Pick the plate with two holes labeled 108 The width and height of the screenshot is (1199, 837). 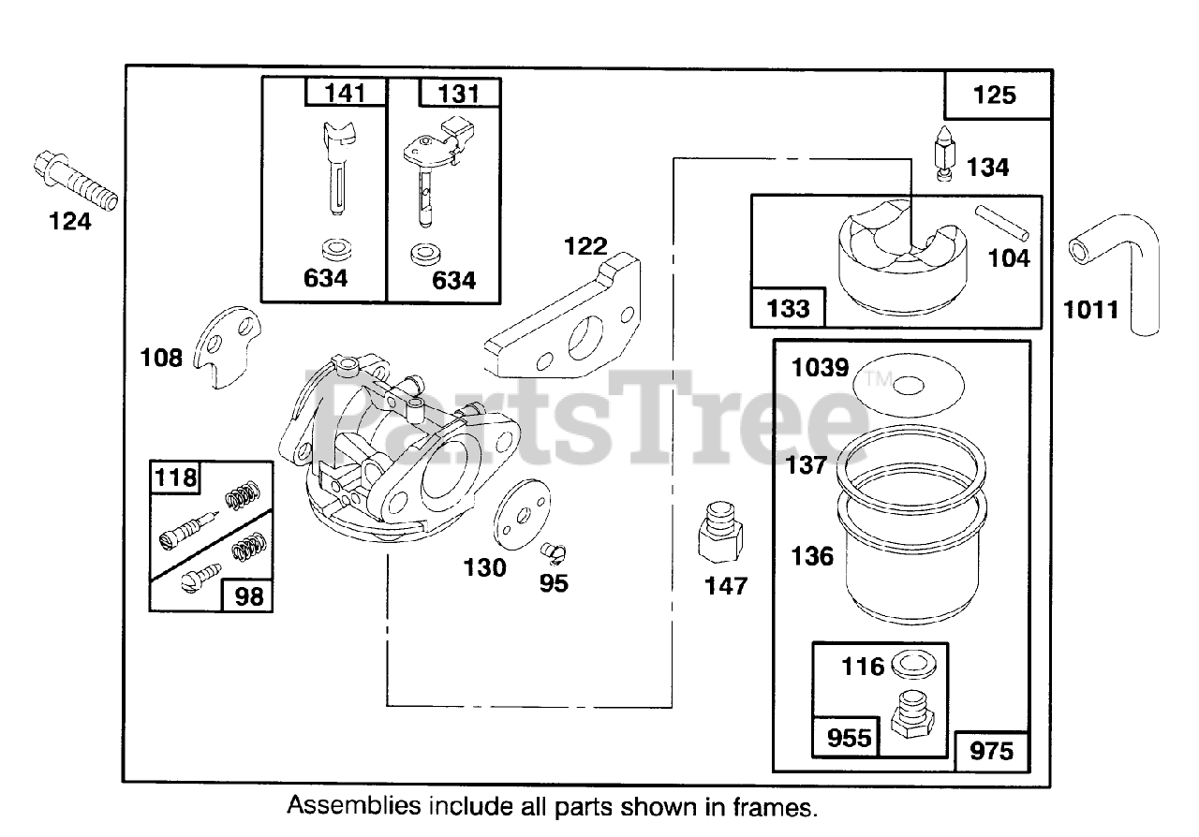pos(228,346)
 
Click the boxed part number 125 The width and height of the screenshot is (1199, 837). pos(995,95)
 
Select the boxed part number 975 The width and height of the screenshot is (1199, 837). pos(992,751)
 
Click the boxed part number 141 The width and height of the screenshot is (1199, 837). pos(346,94)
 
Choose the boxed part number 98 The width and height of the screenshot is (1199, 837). pos(249,595)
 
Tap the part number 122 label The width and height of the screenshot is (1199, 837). pos(585,247)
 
